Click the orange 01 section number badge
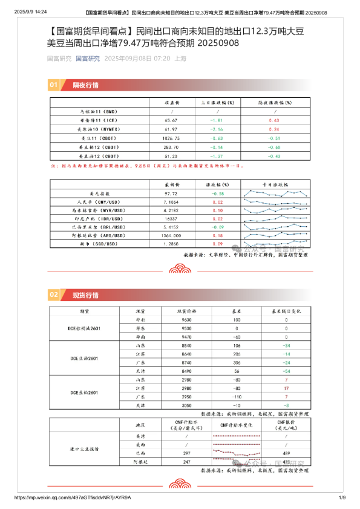click(54, 85)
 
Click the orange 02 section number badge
click(54, 295)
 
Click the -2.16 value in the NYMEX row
click(217, 129)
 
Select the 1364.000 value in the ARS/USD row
click(174, 235)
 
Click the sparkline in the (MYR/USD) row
click(276, 210)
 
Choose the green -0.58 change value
click(218, 194)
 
